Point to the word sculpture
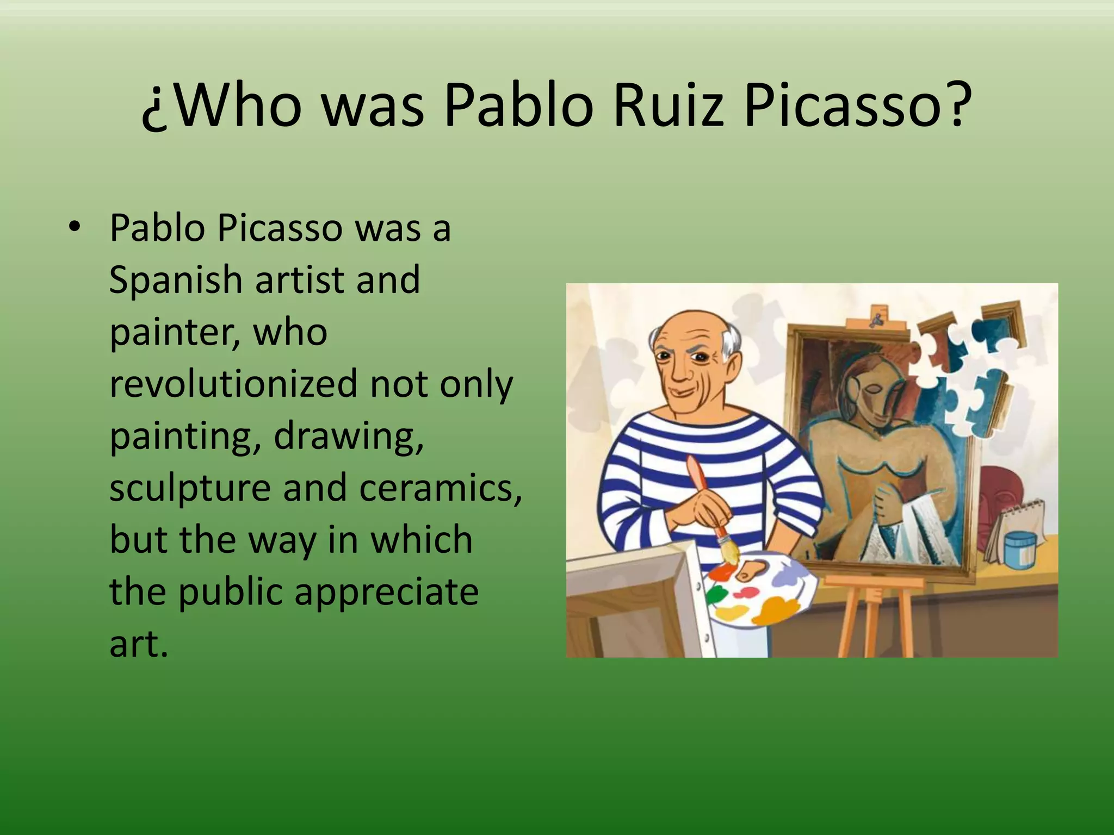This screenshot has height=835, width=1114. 190,488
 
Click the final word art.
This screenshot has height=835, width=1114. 138,644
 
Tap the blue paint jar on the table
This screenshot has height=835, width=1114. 1020,549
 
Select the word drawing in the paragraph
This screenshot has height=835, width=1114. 348,436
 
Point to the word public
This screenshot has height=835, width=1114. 231,593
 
